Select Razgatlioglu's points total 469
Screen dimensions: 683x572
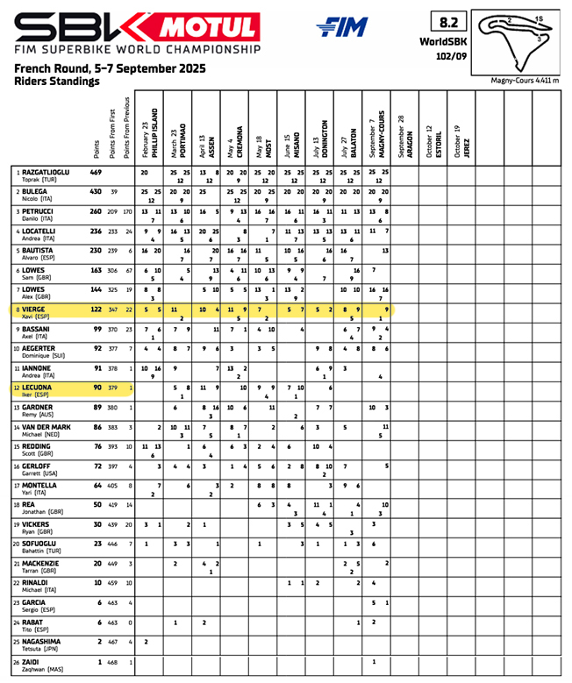coord(96,173)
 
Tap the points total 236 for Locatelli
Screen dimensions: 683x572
coord(96,230)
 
